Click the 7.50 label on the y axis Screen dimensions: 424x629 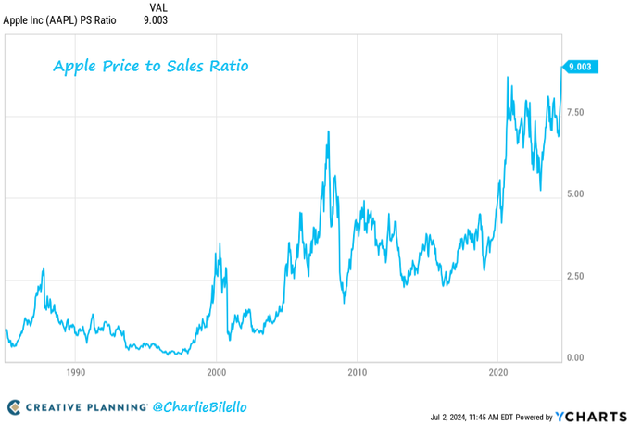point(575,112)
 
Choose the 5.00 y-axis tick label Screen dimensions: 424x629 point(575,194)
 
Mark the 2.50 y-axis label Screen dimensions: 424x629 point(575,276)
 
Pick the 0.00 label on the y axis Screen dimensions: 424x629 point(575,357)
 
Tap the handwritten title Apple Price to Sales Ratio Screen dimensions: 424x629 point(150,67)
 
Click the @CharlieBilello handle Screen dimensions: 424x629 point(201,406)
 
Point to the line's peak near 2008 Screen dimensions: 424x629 point(328,131)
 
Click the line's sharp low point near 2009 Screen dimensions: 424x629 point(344,302)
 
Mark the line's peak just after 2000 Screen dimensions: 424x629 point(219,243)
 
